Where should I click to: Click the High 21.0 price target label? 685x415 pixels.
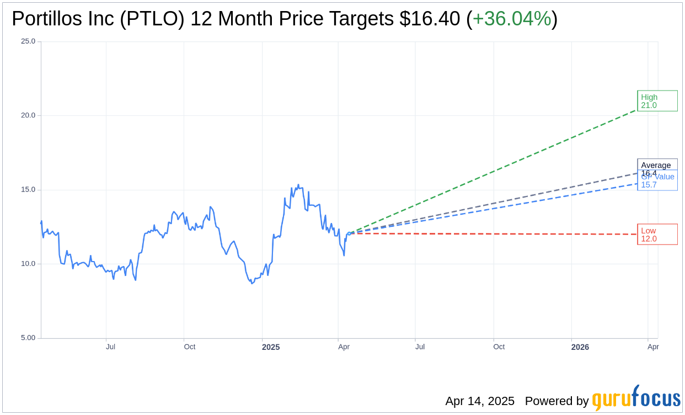657,101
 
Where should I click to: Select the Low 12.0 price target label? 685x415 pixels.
657,235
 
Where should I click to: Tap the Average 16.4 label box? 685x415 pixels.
657,165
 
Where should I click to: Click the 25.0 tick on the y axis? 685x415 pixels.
28,41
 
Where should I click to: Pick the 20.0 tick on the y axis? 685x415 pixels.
28,115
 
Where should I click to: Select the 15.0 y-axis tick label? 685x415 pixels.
28,190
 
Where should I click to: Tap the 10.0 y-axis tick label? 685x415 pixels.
28,264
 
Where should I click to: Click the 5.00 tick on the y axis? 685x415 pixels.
28,338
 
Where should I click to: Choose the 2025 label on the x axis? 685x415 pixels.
271,347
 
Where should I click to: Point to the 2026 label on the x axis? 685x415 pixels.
580,347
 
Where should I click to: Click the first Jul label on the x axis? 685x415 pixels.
111,347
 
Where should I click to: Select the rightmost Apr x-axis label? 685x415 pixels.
653,347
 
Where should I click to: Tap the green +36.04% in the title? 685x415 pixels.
512,19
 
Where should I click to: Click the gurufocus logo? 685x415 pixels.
636,398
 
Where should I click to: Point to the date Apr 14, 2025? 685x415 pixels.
480,401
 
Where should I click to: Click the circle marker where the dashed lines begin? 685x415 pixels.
349,233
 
